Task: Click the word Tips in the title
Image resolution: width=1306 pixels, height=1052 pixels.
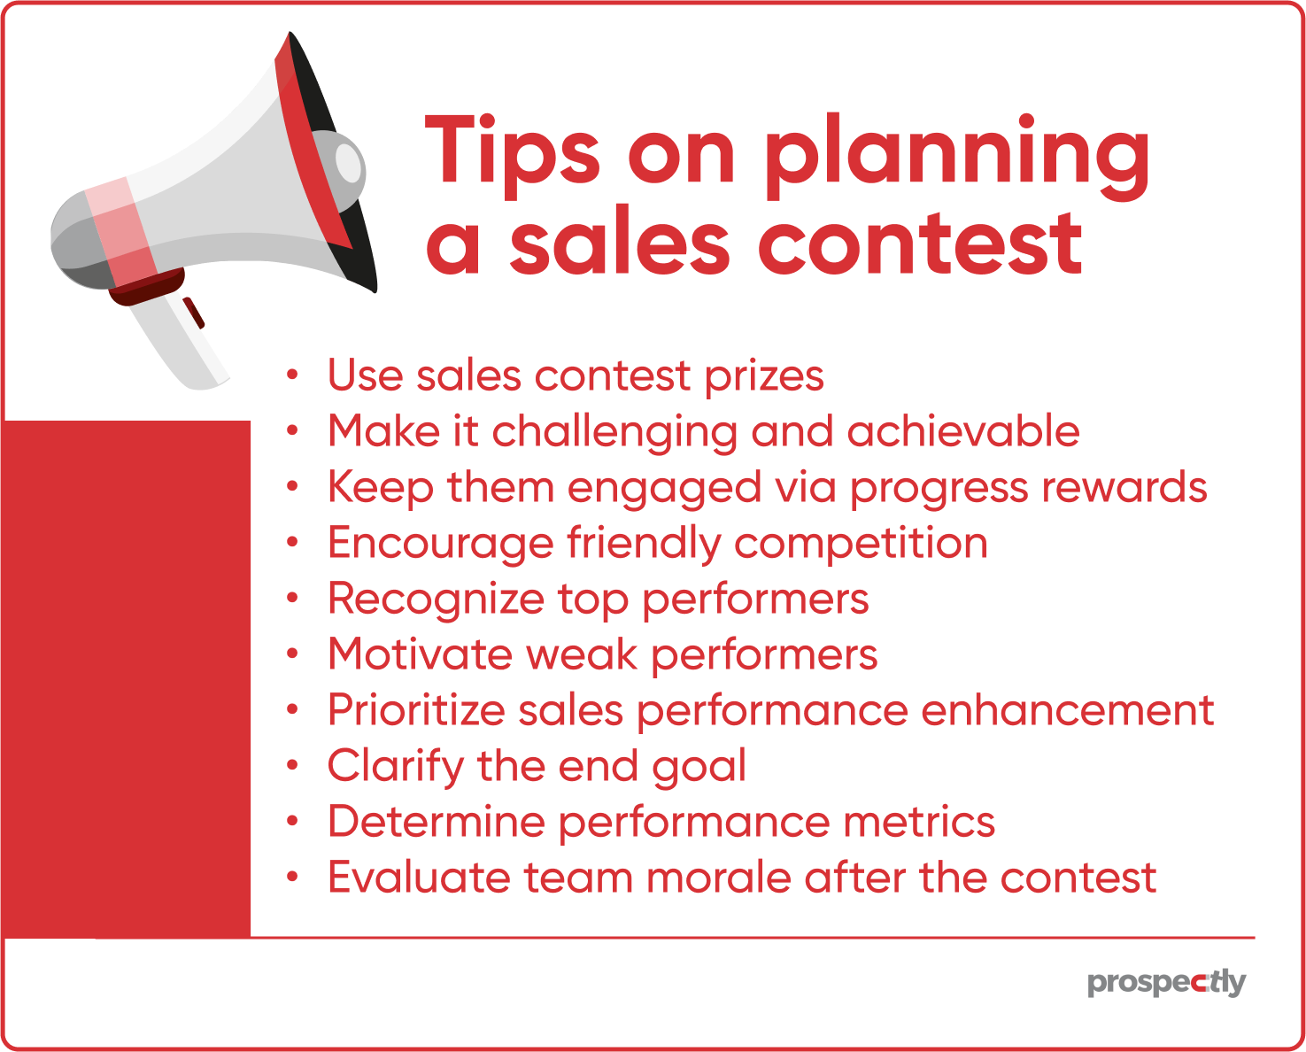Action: pyautogui.click(x=514, y=153)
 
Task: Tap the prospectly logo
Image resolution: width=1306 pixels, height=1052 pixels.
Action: pyautogui.click(x=1166, y=982)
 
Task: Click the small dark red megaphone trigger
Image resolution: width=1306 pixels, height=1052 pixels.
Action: pyautogui.click(x=194, y=313)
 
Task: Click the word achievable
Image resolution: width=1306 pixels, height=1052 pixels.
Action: pyautogui.click(x=962, y=431)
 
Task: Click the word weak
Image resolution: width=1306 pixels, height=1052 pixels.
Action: pyautogui.click(x=581, y=655)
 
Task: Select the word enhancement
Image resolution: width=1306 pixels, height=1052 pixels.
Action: pyautogui.click(x=1067, y=710)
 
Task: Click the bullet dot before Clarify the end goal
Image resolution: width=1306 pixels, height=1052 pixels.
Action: pyautogui.click(x=293, y=766)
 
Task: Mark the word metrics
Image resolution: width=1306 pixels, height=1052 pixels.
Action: pyautogui.click(x=919, y=822)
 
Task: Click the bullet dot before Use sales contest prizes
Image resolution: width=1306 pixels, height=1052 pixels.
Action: pyautogui.click(x=293, y=375)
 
